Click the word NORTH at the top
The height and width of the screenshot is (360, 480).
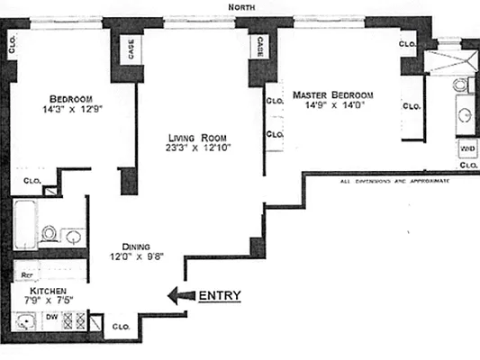coord(244,7)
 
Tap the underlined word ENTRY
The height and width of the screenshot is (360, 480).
coord(219,295)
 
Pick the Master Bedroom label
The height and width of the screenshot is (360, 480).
coord(331,94)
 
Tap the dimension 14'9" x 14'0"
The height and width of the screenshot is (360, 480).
coord(331,104)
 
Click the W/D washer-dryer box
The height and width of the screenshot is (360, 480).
coord(467,147)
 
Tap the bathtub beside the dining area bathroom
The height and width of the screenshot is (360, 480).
coord(25,224)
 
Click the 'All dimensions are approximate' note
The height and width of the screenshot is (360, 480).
coord(394,181)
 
